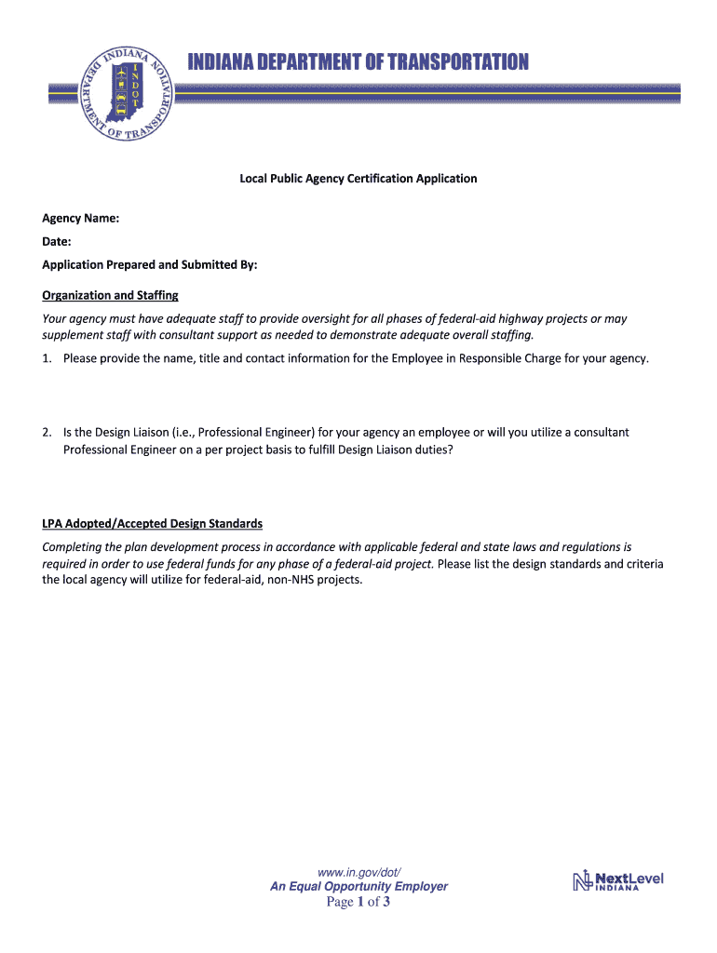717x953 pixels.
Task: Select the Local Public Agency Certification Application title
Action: click(358, 178)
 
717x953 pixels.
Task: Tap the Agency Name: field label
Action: click(80, 219)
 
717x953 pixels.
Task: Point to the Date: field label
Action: click(57, 242)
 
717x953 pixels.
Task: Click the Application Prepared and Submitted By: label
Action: click(149, 265)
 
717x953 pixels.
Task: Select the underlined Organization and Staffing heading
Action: click(110, 296)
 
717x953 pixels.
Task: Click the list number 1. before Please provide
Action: click(47, 358)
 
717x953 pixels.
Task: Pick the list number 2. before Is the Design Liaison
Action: click(47, 432)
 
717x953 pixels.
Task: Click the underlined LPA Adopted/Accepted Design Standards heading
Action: click(152, 524)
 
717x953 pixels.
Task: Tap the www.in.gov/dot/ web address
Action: click(358, 872)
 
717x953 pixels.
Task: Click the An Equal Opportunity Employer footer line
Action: click(358, 887)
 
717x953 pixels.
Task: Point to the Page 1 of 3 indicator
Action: click(358, 903)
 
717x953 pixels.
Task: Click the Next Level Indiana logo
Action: click(618, 880)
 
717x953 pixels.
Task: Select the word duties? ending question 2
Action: click(430, 450)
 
